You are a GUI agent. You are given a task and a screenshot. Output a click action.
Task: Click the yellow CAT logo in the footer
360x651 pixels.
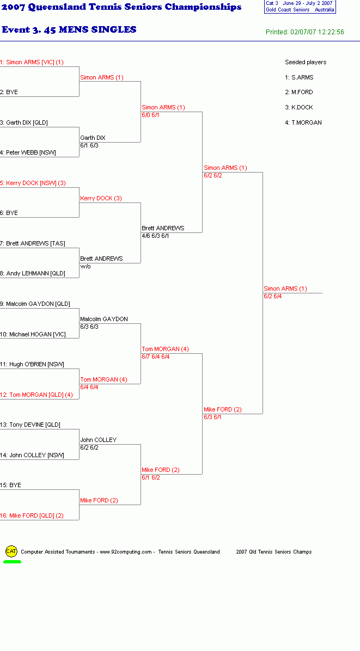(11, 551)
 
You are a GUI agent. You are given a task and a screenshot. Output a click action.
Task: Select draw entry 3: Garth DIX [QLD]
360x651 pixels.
(23, 122)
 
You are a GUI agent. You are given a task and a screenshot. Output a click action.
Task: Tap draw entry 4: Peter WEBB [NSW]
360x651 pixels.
(28, 152)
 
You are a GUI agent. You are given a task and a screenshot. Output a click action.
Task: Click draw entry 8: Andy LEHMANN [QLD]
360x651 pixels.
(32, 273)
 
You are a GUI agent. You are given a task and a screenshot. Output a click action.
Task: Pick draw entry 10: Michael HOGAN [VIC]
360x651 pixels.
(33, 334)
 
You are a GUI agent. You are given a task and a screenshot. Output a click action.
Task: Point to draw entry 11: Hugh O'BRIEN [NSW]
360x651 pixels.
(32, 365)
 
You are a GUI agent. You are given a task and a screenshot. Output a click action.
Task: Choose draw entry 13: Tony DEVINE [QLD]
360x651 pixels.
(30, 425)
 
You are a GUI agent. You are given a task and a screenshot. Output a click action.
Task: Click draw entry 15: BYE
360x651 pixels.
(10, 485)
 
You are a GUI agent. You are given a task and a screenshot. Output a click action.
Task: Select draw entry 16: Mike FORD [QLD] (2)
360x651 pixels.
(32, 515)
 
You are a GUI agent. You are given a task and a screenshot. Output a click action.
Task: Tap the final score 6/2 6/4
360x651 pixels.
(273, 297)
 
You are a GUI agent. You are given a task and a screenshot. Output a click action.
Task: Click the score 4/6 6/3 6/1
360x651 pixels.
(155, 236)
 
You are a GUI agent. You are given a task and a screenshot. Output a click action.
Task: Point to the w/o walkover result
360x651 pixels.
(86, 267)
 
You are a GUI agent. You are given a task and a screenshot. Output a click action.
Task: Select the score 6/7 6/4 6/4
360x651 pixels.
(156, 357)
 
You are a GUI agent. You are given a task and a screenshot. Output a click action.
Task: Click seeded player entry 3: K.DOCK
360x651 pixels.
(299, 107)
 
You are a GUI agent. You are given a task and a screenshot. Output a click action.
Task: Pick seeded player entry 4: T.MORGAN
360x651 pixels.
(303, 122)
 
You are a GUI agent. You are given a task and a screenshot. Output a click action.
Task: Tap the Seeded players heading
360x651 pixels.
(306, 62)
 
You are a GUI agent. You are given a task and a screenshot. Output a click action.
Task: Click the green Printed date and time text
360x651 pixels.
(305, 32)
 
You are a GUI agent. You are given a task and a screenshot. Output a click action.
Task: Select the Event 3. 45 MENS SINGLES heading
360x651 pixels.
(69, 29)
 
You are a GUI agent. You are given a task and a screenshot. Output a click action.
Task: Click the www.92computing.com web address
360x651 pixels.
(126, 552)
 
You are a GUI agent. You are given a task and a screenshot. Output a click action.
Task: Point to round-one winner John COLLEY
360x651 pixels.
(99, 440)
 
